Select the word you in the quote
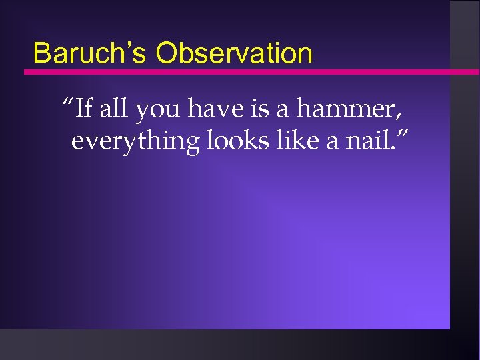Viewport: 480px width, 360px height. (x=158, y=110)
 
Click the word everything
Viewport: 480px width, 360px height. (x=135, y=143)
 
